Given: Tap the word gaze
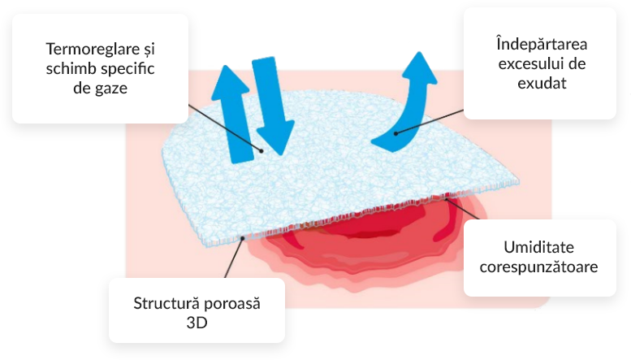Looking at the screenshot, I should (x=110, y=87).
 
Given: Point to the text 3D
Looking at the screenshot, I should (x=197, y=323).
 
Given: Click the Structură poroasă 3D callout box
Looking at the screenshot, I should (x=197, y=310).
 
